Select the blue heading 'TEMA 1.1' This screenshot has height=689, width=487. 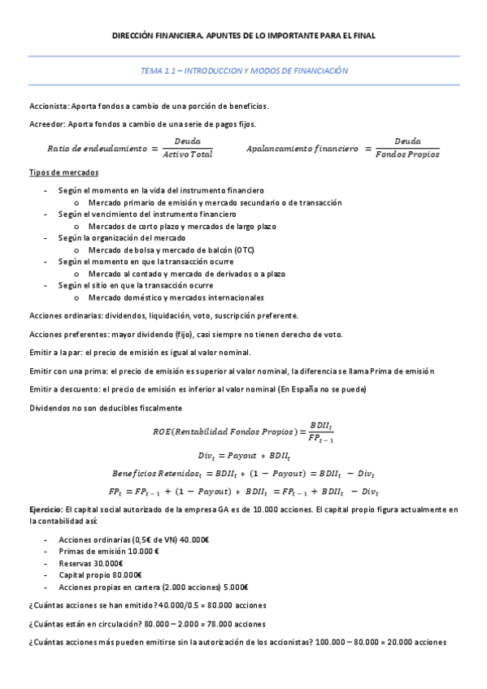click(x=157, y=71)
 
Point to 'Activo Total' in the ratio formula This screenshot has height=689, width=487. click(x=187, y=154)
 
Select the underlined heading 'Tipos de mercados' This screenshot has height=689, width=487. click(x=63, y=173)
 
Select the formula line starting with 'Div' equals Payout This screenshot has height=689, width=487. click(x=243, y=455)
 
